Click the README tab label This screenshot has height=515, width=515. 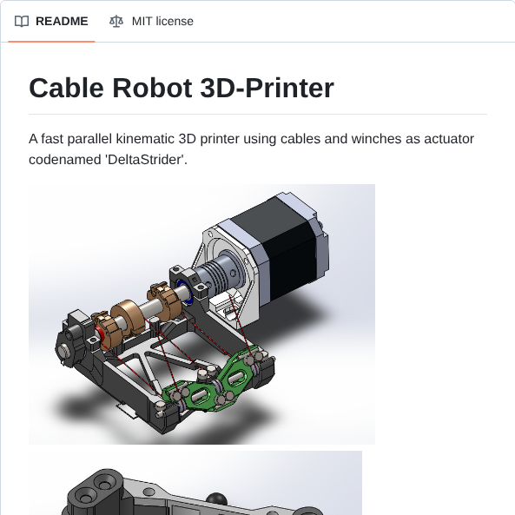[x=62, y=21]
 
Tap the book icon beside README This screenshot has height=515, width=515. [x=22, y=21]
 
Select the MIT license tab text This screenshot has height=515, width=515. [x=162, y=21]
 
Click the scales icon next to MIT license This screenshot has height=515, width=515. [x=116, y=21]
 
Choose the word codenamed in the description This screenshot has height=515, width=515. [x=59, y=161]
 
